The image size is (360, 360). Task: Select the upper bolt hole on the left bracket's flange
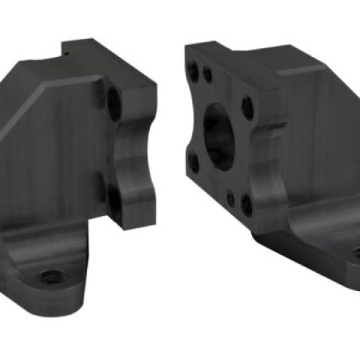114,104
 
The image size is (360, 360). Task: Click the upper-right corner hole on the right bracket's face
248,108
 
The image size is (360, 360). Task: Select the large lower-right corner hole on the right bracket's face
247,205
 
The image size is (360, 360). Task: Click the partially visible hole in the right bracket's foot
354,253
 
